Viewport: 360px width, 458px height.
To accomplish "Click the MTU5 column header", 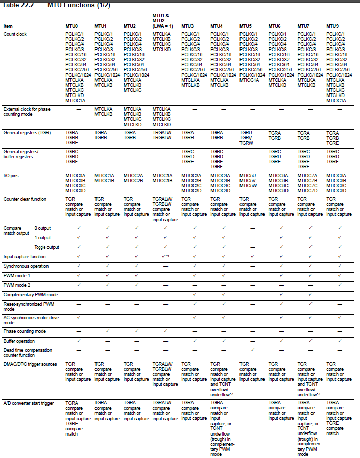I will click(x=245, y=26).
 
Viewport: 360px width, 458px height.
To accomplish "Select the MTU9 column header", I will click(x=332, y=26).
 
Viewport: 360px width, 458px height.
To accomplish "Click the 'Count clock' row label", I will click(x=15, y=34).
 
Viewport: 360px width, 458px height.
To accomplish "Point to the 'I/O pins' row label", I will click(x=13, y=175).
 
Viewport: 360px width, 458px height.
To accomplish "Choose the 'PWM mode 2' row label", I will click(x=17, y=285).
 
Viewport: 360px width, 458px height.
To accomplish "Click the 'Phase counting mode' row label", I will click(x=25, y=331).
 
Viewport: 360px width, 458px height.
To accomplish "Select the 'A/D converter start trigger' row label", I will click(x=29, y=403).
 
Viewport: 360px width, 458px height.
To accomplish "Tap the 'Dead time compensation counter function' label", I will click(x=28, y=352).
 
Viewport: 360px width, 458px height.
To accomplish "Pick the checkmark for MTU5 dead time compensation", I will click(x=252, y=350).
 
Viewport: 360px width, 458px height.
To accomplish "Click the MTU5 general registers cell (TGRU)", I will click(x=246, y=132).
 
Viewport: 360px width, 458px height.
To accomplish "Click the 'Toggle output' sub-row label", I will click(x=46, y=247).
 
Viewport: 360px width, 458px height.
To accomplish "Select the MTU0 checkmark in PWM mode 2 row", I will click(x=78, y=285).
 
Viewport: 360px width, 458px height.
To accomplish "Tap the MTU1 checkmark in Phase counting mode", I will click(x=107, y=331).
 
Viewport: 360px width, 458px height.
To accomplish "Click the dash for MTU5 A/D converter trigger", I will click(x=252, y=403).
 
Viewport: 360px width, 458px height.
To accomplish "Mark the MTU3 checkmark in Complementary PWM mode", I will click(x=194, y=295).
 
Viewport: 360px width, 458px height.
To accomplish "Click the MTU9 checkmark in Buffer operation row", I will click(x=339, y=341).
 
